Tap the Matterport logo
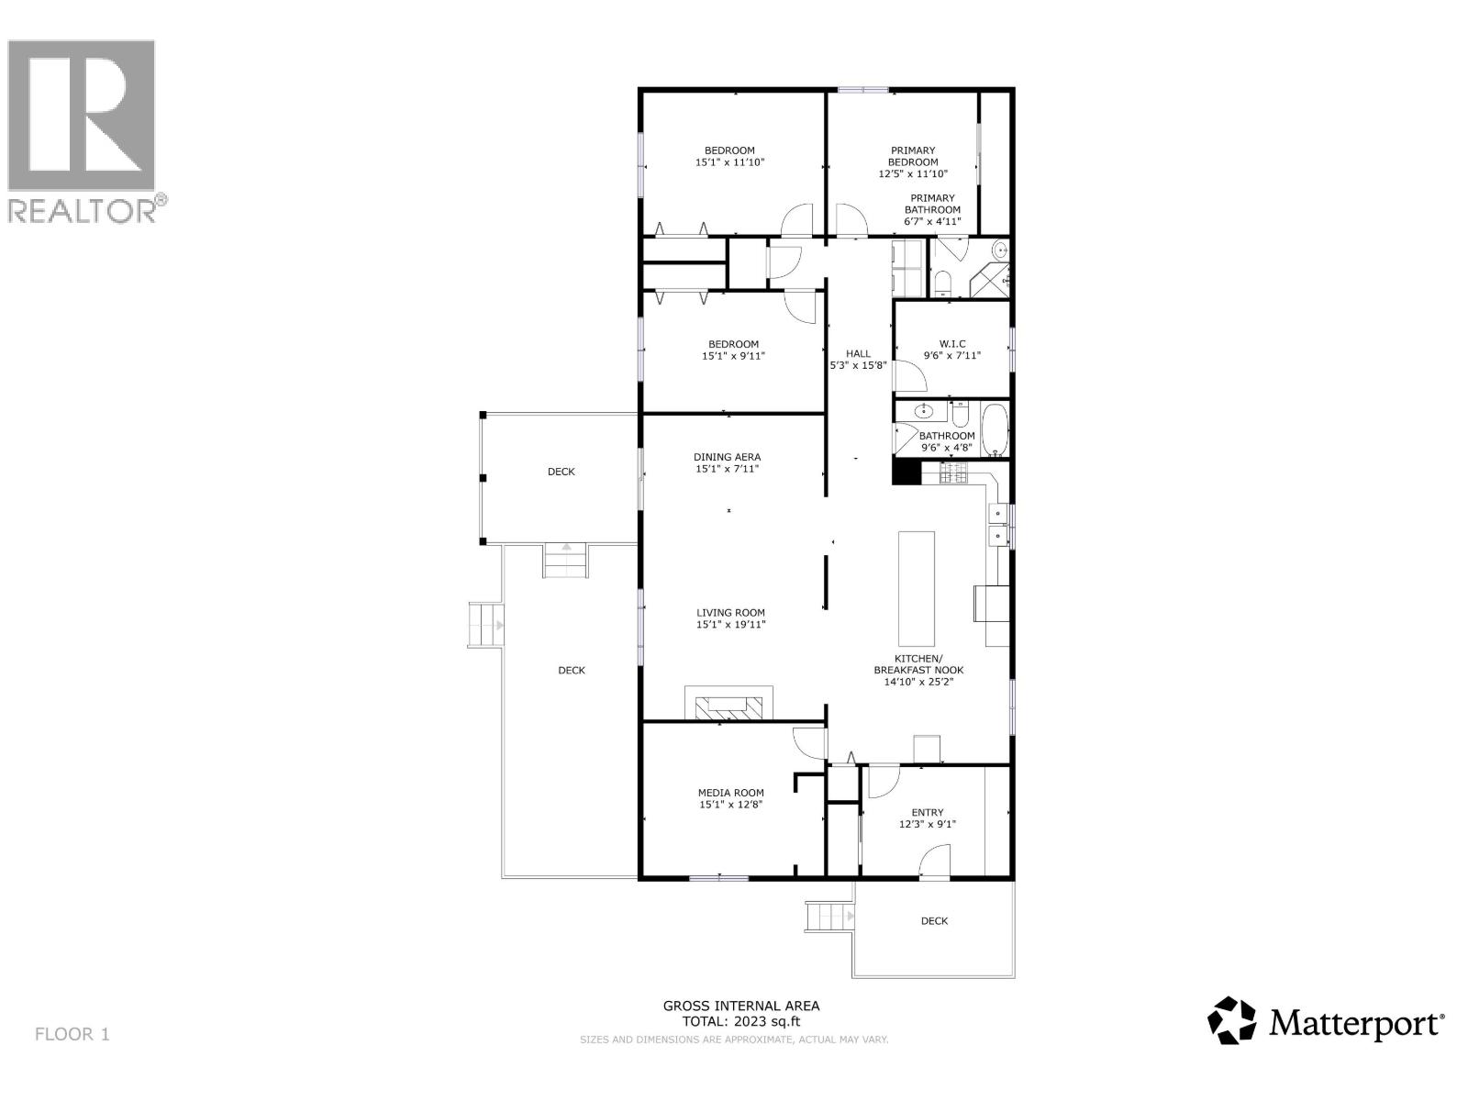click(1326, 1020)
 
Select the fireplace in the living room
click(728, 705)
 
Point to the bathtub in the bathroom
click(995, 429)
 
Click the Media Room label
click(730, 793)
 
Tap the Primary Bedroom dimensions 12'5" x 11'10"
click(913, 173)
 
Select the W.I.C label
click(951, 344)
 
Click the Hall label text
click(858, 353)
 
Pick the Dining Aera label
click(727, 457)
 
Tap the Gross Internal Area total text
click(741, 1013)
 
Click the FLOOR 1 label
click(72, 1034)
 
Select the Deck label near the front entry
click(934, 920)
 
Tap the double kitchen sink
click(997, 524)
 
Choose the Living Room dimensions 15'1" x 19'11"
click(730, 625)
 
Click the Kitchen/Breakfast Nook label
click(917, 664)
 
